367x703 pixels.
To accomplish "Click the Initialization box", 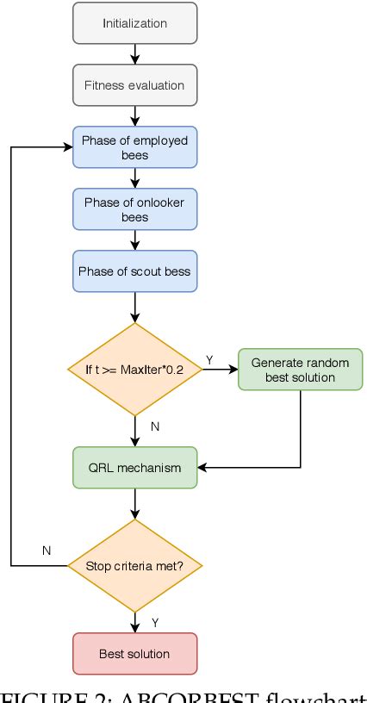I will [135, 23].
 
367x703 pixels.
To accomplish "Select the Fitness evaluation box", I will [135, 85].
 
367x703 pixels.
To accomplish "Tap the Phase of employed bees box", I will [135, 147].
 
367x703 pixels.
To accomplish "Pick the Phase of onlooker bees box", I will [135, 209].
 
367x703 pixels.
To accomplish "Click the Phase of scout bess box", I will [135, 271].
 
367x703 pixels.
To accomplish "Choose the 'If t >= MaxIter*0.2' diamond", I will [135, 369].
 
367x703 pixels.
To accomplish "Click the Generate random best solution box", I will [300, 370].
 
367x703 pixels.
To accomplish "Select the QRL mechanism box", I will [135, 468].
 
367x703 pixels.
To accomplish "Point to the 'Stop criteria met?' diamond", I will [135, 565].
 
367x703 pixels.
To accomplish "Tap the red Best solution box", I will [135, 654].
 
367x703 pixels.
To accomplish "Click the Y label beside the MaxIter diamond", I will [209, 359].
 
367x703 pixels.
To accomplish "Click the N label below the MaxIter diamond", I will [153, 426].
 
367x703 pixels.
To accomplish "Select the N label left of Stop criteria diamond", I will [46, 550].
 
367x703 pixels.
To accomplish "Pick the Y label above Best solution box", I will [155, 622].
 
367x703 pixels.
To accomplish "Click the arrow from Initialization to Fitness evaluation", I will [135, 54].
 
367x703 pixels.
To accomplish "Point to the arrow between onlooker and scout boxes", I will [135, 240].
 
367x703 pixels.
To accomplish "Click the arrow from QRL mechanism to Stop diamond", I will [135, 504].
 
